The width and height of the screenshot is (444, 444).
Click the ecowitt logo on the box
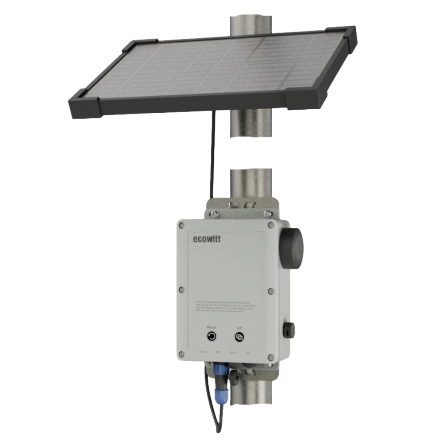(x=207, y=239)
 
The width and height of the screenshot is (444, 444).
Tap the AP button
(x=239, y=337)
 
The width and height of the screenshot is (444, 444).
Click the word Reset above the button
(x=211, y=327)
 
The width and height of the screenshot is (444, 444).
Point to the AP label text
(x=239, y=328)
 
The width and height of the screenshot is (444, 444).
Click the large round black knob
(x=291, y=248)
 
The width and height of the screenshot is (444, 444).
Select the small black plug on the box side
(x=288, y=330)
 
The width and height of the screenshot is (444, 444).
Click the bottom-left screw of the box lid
(x=181, y=354)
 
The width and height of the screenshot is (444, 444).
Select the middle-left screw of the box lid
(x=181, y=290)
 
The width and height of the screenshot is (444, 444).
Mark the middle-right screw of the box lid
(x=271, y=291)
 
